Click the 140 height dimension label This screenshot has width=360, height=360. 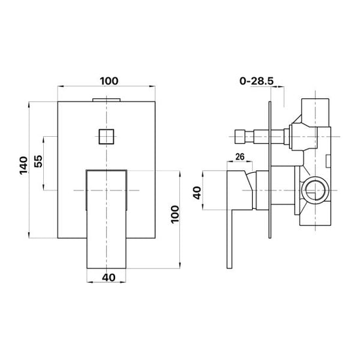24,166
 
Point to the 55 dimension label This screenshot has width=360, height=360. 39,161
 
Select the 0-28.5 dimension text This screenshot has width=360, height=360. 257,81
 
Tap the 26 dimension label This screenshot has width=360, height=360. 240,157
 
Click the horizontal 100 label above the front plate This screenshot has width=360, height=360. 109,81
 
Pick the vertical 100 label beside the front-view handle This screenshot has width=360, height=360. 175,214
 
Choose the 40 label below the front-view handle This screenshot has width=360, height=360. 109,278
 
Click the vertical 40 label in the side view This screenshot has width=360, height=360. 197,193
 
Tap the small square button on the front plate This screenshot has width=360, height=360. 106,137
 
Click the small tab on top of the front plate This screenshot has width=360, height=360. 106,100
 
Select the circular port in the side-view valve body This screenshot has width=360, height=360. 315,190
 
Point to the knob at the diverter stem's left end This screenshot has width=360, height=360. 240,137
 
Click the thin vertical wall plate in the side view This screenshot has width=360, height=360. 270,170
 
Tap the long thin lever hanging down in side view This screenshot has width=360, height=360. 230,239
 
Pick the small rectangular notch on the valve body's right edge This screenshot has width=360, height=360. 329,161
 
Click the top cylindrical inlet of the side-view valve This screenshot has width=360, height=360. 315,113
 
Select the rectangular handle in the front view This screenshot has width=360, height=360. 106,219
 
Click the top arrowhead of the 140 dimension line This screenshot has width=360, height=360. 29,105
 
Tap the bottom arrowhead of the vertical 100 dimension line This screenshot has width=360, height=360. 180,265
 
